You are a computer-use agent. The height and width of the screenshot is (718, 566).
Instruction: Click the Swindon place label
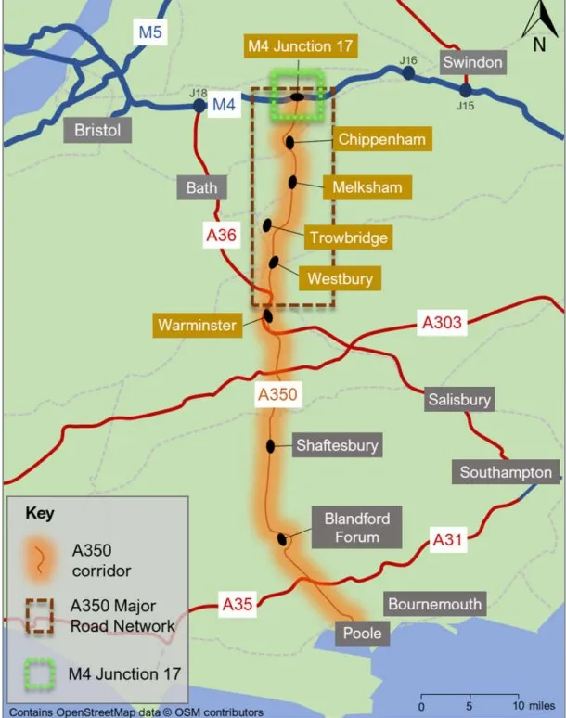coord(472,63)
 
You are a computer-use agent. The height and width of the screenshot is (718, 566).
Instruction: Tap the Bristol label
coord(97,130)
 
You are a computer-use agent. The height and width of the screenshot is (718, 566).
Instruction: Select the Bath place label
coord(201,187)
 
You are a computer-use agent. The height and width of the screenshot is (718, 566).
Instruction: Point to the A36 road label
coord(222,236)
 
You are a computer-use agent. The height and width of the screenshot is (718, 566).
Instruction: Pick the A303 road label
coord(441,323)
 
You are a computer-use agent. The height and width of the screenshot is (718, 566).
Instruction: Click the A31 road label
coord(450,538)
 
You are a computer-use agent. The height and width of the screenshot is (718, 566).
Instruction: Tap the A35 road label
coord(238,605)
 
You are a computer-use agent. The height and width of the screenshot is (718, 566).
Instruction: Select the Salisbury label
coord(458,400)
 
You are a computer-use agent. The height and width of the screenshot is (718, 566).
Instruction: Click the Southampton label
coord(507,472)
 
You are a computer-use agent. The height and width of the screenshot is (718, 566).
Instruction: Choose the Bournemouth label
coord(435,605)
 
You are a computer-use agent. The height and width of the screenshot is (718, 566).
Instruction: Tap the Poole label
coord(362,635)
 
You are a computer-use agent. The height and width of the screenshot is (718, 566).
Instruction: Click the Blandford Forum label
coord(357,528)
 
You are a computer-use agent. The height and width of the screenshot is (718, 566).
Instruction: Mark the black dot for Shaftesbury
coord(271,446)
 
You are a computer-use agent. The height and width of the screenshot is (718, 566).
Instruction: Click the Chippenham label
coord(381,140)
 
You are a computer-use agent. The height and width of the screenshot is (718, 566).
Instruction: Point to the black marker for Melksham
coord(293,183)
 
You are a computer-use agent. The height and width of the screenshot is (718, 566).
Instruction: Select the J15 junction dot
coord(465,90)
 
